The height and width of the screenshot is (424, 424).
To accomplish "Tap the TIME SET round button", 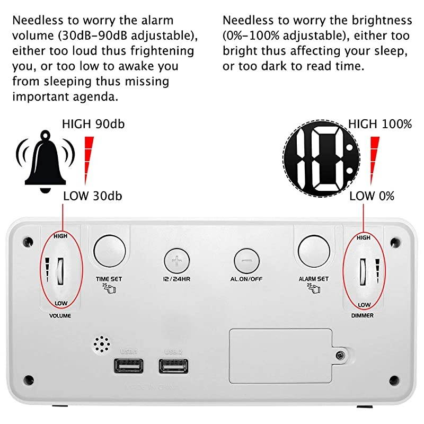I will (x=110, y=250).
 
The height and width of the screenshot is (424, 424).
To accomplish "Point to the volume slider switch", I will (x=60, y=270).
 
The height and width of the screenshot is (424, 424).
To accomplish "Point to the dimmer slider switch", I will (x=364, y=270).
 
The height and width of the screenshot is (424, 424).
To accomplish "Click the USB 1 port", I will (x=128, y=366).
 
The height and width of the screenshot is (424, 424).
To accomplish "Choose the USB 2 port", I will (x=173, y=366).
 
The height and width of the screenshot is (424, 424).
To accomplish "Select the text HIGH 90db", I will (x=93, y=125).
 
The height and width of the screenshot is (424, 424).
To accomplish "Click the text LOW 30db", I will (x=93, y=196).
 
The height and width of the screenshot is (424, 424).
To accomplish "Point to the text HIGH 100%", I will (x=379, y=125).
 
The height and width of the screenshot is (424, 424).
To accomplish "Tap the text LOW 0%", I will (x=372, y=196).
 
